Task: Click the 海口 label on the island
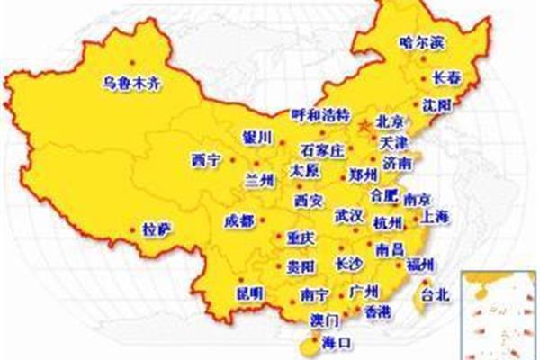(337, 342)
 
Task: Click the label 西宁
(205, 159)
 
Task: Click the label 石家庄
(322, 149)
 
